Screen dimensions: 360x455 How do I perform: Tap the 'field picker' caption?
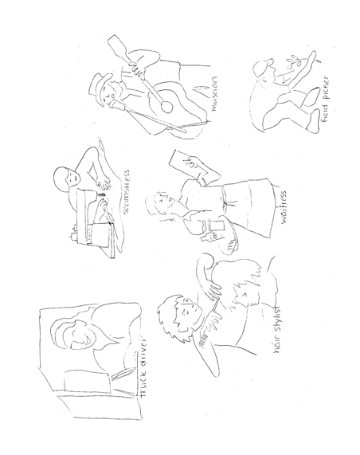pyautogui.click(x=325, y=99)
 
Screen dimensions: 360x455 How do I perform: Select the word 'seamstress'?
pyautogui.click(x=126, y=192)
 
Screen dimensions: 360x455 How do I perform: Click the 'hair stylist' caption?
pyautogui.click(x=277, y=329)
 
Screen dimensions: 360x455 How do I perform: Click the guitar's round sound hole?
pyautogui.click(x=167, y=107)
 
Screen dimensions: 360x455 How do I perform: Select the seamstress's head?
pyautogui.click(x=66, y=178)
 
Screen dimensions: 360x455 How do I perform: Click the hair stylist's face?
pyautogui.click(x=186, y=312)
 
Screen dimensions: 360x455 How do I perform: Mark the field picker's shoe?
pyautogui.click(x=313, y=121)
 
